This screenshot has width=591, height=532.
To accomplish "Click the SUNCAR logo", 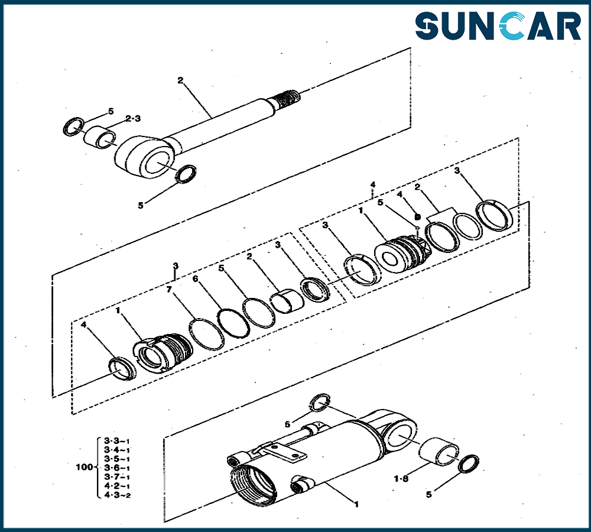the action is tap(498, 25).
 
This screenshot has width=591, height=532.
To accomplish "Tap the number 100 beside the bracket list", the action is tap(85, 467).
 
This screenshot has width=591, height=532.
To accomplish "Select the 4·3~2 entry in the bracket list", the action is tap(117, 495).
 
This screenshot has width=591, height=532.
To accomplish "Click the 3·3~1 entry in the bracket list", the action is tap(117, 441).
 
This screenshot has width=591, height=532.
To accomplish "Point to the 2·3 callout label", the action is tap(133, 118).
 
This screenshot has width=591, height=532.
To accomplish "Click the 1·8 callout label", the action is tap(401, 479).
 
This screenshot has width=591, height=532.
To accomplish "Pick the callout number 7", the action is tap(169, 289).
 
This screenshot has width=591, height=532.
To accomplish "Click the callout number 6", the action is tap(195, 279).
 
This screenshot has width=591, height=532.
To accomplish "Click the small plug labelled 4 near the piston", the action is tap(417, 217).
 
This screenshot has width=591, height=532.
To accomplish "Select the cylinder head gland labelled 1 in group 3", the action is tap(163, 352).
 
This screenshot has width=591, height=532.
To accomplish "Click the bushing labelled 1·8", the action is tap(439, 451).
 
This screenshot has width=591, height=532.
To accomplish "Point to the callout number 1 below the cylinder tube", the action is tap(356, 504).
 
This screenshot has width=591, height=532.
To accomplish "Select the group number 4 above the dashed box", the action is tap(373, 185).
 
